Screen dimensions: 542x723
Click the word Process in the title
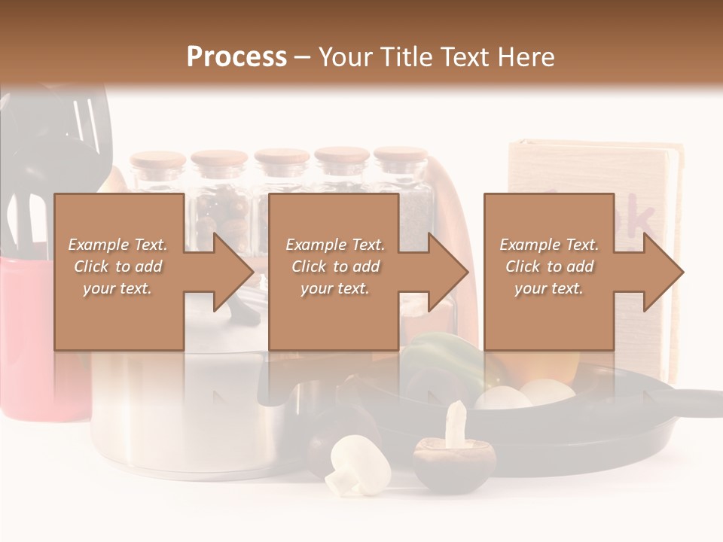click(236, 57)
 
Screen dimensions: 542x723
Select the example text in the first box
click(117, 266)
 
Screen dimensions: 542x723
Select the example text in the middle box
click(335, 266)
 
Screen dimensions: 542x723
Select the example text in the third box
click(549, 266)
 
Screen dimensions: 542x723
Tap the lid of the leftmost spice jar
click(157, 160)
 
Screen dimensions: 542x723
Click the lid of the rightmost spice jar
click(400, 157)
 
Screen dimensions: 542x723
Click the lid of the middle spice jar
click(282, 158)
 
